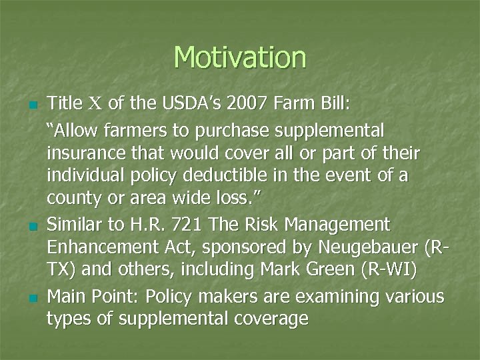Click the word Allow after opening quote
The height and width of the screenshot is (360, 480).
click(x=71, y=128)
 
